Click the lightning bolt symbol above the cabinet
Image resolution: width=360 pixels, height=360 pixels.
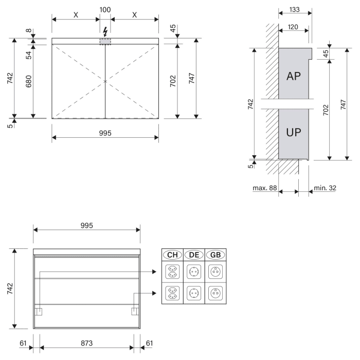coord(105,30)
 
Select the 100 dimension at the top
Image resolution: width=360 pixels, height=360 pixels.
coord(105,9)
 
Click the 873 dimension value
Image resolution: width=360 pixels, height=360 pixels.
coord(86,343)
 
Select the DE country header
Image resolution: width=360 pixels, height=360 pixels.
coord(194,255)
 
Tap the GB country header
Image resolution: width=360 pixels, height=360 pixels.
coord(215,255)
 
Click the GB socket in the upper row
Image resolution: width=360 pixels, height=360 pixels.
coord(215,272)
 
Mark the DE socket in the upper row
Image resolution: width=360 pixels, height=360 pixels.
coord(194,272)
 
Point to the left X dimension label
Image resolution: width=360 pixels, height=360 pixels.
coord(76,15)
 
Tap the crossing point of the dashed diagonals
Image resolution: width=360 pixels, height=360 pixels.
coord(105,81)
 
